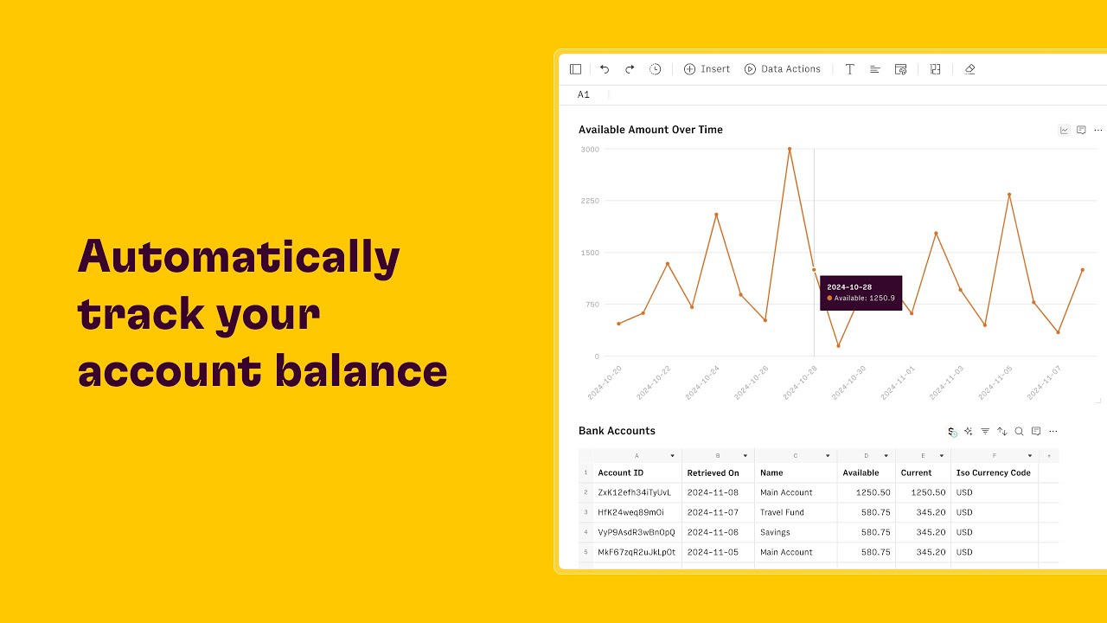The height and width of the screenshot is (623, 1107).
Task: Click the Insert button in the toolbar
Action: [707, 69]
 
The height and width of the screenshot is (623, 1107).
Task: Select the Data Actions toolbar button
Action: [782, 69]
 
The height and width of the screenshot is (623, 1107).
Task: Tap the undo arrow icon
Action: [605, 69]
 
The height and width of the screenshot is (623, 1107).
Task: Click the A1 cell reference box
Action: [584, 94]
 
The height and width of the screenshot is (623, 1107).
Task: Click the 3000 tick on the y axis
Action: [589, 149]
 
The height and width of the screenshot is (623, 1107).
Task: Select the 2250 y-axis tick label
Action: [589, 201]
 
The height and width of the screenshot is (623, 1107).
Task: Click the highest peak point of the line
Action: [789, 149]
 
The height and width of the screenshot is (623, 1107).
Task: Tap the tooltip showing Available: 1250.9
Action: [861, 292]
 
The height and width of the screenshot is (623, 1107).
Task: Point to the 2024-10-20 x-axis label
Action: [605, 382]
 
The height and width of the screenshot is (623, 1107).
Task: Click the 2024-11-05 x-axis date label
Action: [995, 382]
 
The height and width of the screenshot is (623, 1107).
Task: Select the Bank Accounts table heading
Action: [617, 431]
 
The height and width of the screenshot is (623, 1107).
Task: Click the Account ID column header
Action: [621, 473]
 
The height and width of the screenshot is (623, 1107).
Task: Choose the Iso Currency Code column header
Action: [993, 473]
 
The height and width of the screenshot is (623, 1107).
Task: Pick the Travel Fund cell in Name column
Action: [782, 512]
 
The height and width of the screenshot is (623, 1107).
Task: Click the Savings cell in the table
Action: [775, 532]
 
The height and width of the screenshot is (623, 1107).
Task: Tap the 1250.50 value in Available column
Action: [873, 492]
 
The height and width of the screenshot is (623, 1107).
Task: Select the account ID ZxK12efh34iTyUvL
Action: [635, 492]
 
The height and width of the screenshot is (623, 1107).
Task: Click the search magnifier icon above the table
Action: [1019, 431]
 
